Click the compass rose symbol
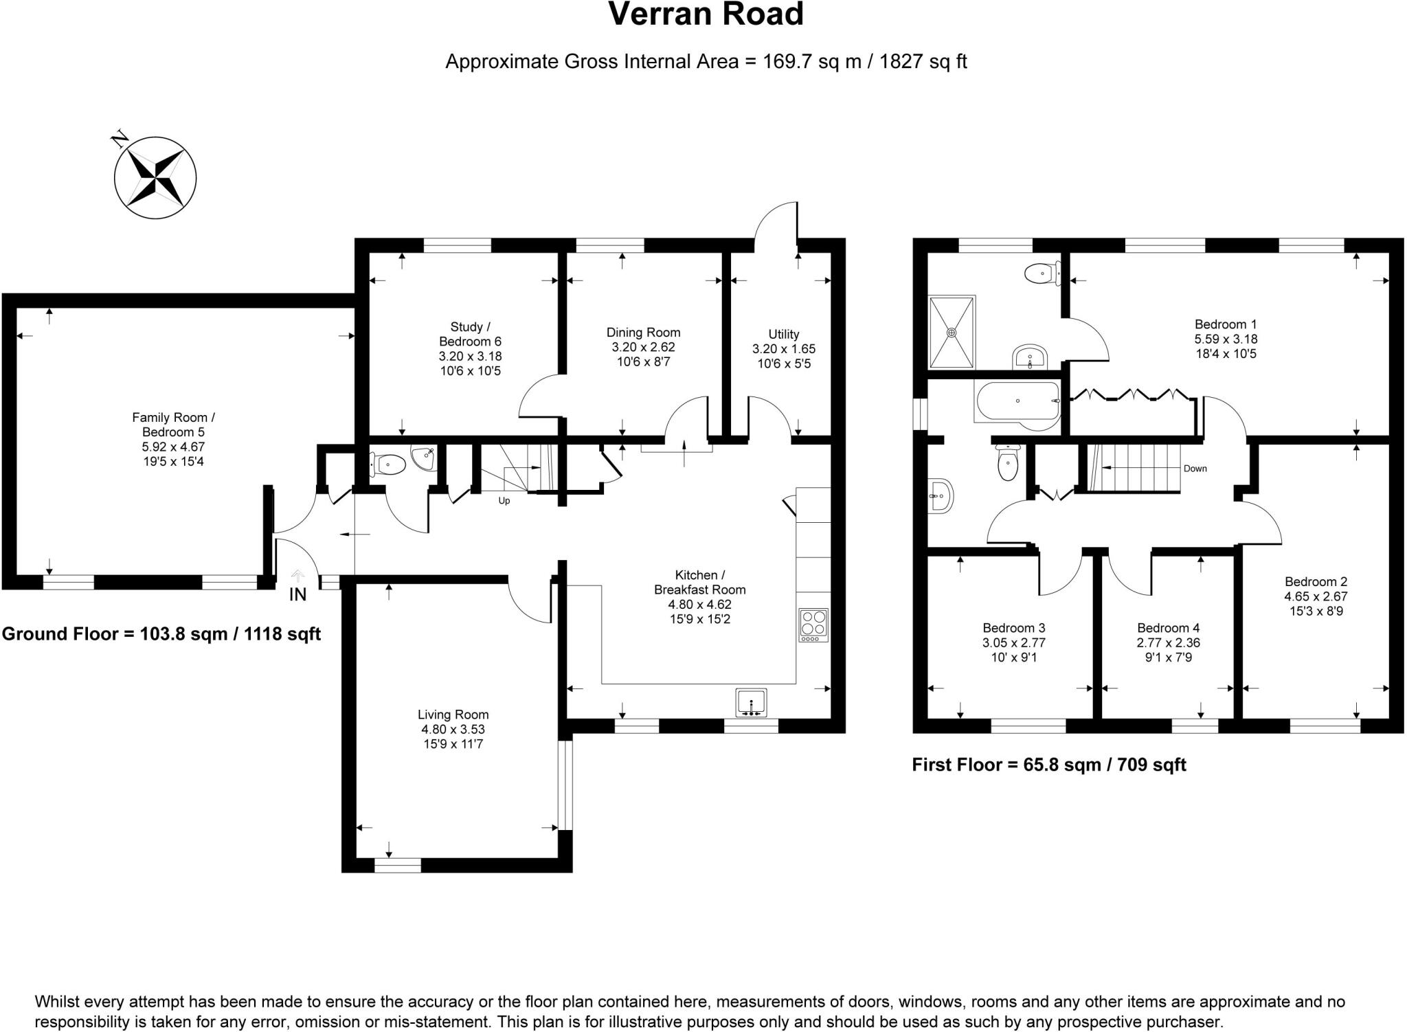[x=155, y=177]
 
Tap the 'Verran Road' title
[x=706, y=14]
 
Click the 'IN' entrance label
[x=297, y=595]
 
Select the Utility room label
[x=784, y=334]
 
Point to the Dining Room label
[x=643, y=333]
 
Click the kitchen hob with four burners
[x=813, y=625]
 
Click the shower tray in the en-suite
[x=952, y=333]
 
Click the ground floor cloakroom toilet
[x=387, y=465]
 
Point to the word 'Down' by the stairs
[x=1195, y=469]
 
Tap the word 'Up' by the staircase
[x=504, y=501]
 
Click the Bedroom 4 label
[x=1168, y=628]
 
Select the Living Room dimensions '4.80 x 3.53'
[x=453, y=730]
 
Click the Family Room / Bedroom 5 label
[x=173, y=425]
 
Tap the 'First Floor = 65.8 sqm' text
[x=1048, y=765]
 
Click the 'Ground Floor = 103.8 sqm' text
[x=161, y=633]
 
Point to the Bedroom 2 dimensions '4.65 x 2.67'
[x=1316, y=596]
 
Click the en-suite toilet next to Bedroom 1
[x=1040, y=274]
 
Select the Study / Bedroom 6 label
[x=470, y=334]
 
